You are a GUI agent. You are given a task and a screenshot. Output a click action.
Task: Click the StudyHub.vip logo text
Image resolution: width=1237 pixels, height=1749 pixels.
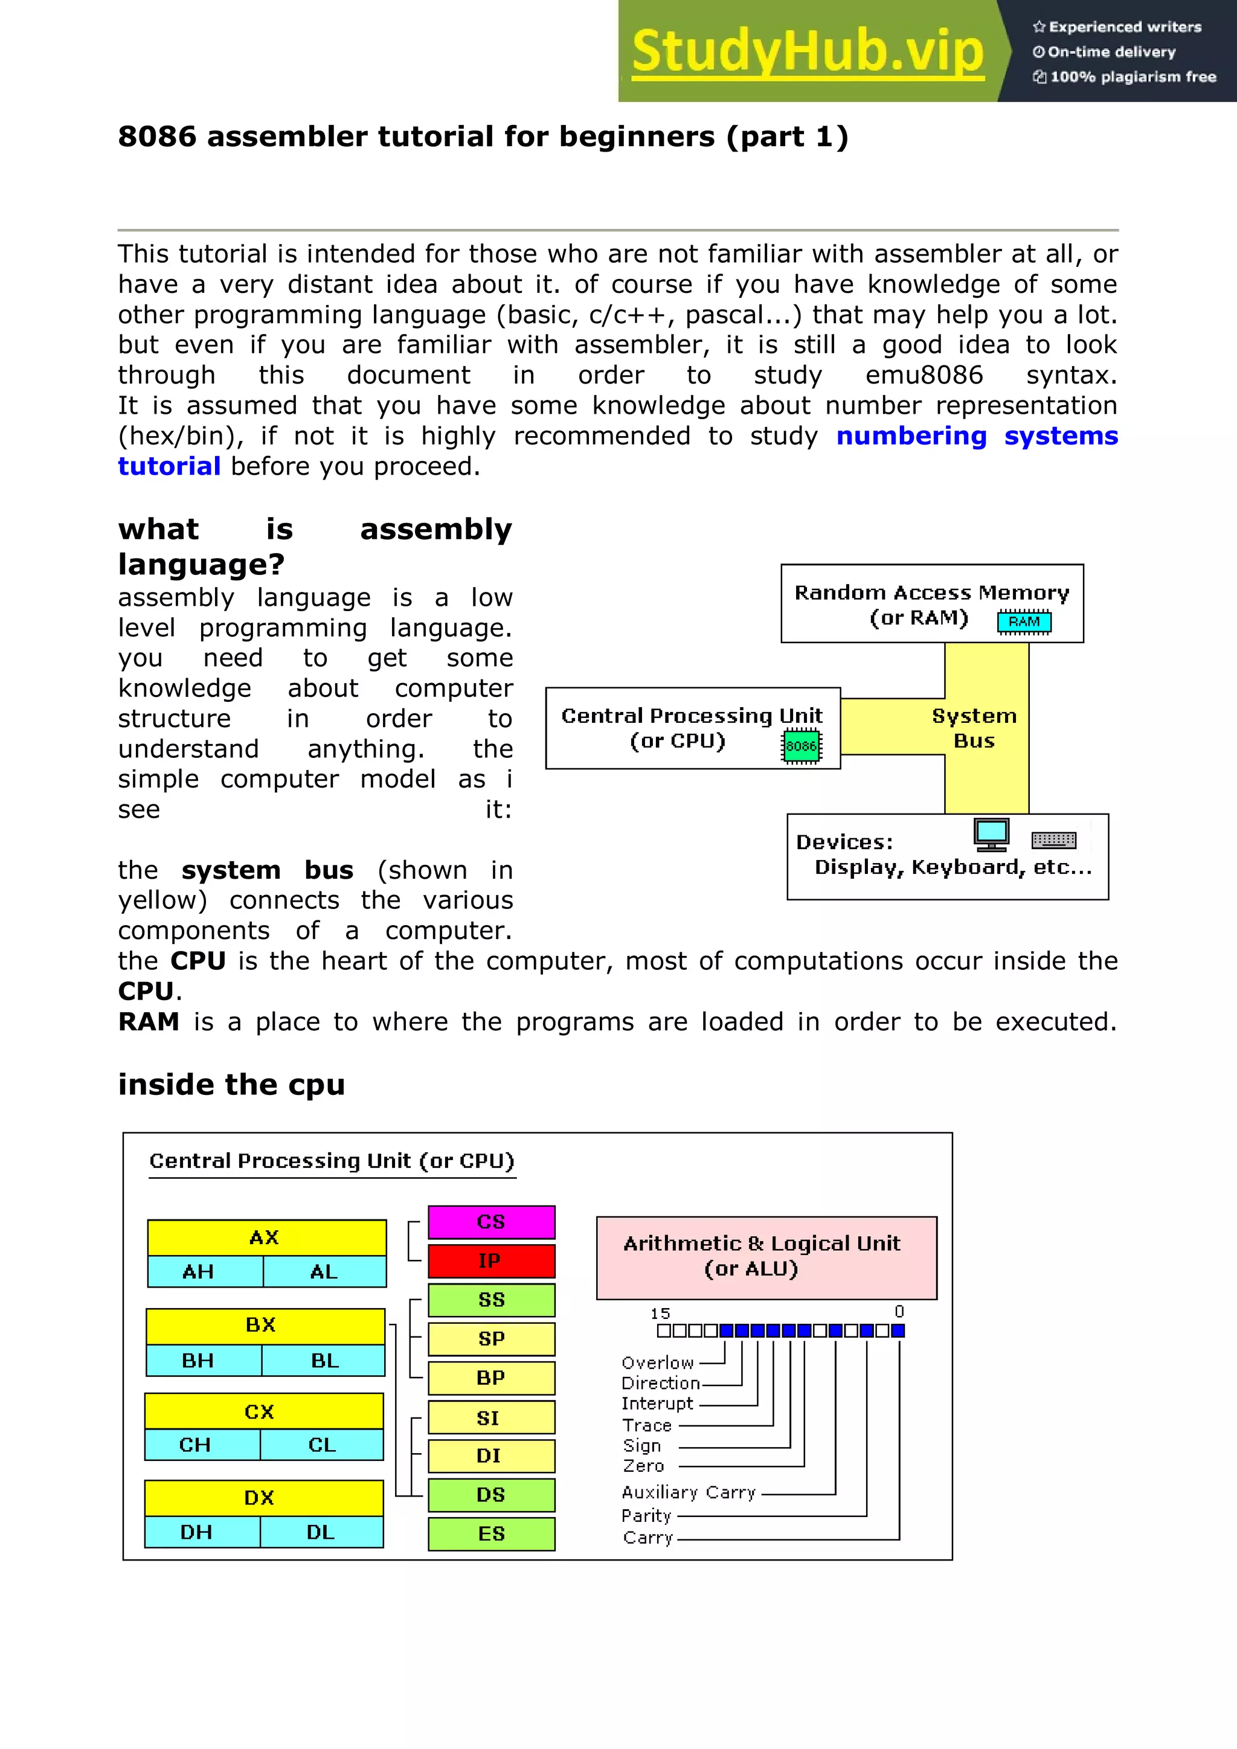pos(808,52)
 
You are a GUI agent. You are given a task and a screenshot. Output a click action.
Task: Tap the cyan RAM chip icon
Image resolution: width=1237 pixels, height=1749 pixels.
pos(1024,621)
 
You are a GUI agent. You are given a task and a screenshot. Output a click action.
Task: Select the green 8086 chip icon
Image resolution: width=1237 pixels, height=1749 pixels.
pos(800,746)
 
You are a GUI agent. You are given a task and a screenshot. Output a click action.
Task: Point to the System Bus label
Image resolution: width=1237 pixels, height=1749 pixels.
pos(974,728)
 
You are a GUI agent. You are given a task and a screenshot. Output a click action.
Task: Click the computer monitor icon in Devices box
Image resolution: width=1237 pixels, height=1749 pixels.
pos(991,834)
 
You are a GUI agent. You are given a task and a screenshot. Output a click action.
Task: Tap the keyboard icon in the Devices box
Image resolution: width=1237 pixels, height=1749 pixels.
pos(1053,840)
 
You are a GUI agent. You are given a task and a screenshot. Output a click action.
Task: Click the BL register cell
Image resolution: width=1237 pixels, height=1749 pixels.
pos(324,1361)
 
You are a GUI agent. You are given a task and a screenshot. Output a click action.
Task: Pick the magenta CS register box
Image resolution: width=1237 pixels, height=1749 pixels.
pos(491,1222)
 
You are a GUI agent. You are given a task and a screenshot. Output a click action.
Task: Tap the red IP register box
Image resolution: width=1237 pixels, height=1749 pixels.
pos(491,1260)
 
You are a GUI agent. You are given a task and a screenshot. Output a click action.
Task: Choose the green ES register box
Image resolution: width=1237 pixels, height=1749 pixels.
pos(491,1533)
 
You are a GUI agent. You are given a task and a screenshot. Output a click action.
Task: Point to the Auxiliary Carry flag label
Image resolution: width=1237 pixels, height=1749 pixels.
pos(689,1492)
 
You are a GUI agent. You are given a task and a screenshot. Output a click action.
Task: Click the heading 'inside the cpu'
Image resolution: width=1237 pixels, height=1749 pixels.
pos(231,1084)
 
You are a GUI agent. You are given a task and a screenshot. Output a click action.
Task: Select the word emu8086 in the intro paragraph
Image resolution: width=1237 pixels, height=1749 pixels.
pos(924,375)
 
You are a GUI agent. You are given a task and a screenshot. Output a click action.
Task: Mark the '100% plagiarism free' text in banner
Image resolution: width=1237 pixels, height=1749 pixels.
pos(1133,77)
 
